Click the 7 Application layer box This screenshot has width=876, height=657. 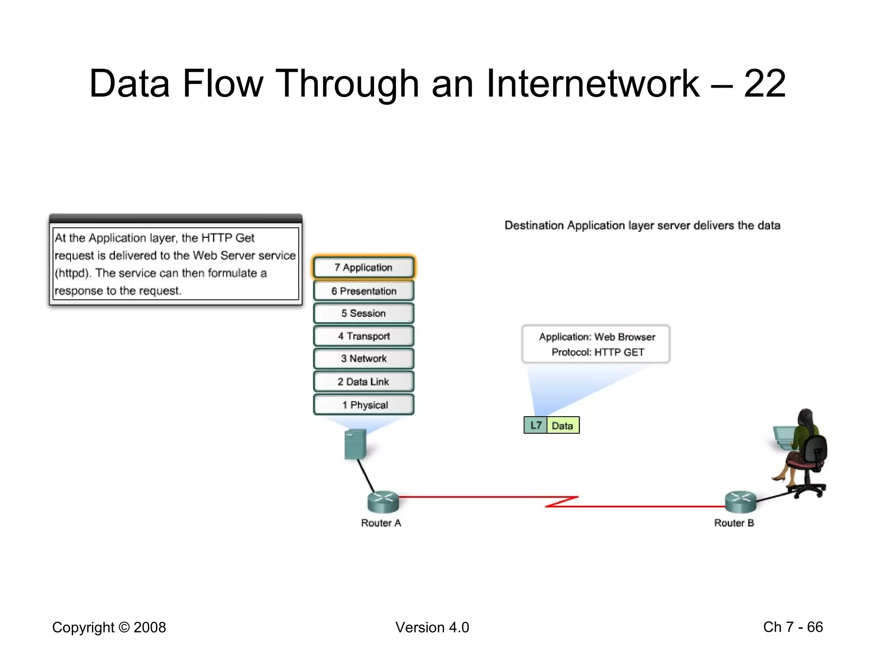click(364, 267)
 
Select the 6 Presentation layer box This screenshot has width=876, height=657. click(364, 291)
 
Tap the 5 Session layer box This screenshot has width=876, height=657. click(364, 314)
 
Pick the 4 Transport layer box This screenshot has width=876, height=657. click(364, 336)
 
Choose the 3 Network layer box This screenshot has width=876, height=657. click(364, 358)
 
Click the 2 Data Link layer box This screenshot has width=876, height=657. click(364, 382)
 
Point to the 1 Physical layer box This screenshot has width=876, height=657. click(364, 405)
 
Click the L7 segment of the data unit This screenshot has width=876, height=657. click(536, 425)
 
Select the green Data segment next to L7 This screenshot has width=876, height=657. click(562, 425)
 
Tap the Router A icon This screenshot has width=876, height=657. click(383, 501)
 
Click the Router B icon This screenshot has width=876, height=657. click(740, 501)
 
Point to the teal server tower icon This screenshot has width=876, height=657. click(355, 444)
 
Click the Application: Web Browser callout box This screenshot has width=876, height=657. click(596, 344)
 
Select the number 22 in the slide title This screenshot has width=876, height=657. click(764, 83)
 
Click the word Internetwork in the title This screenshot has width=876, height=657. click(592, 83)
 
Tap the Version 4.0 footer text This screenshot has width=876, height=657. click(432, 627)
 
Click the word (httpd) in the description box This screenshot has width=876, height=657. click(72, 273)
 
